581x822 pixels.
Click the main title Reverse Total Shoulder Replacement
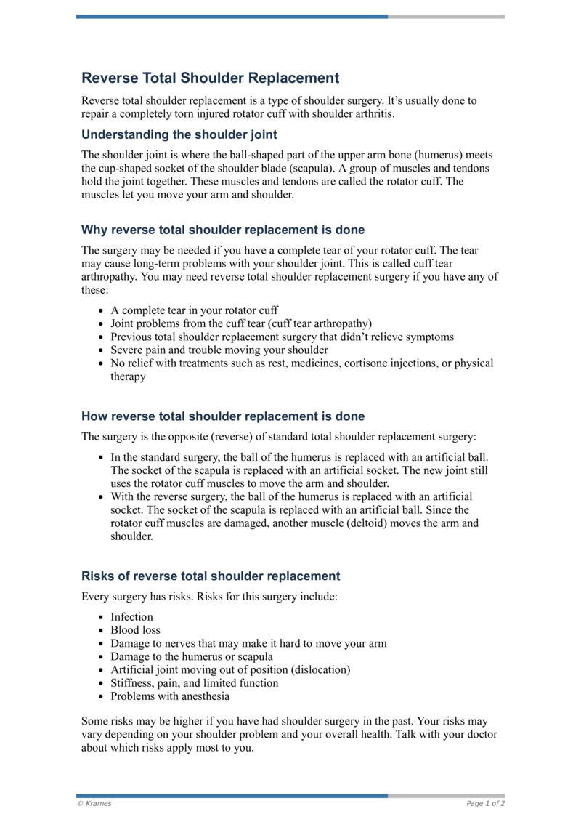pos(211,78)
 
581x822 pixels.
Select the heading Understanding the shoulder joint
pos(179,134)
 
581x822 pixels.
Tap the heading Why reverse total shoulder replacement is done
pos(223,230)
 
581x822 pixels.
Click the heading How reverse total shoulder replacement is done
pos(223,416)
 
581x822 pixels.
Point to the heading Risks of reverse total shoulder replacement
pos(211,576)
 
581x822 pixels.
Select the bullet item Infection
pos(131,617)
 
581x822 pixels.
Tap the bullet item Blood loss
pos(135,630)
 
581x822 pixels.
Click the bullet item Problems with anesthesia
pos(170,696)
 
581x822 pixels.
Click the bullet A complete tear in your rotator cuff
pos(195,310)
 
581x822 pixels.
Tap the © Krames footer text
pos(94,804)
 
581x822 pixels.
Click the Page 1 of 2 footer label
pos(485,804)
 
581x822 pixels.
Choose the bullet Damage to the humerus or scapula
pos(192,656)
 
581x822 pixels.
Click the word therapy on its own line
pos(128,376)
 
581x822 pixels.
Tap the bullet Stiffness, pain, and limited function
pos(194,682)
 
